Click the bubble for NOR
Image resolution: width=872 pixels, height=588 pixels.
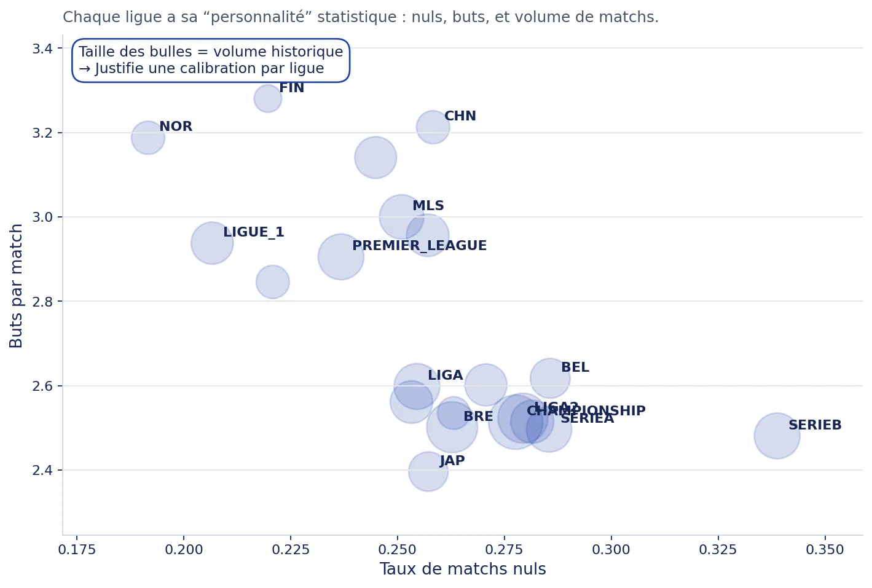click(147, 138)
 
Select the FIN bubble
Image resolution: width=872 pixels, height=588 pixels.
click(267, 98)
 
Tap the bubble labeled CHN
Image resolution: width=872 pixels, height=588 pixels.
click(433, 127)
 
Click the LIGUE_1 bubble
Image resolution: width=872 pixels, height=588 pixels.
click(211, 243)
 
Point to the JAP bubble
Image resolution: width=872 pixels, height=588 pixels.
click(428, 471)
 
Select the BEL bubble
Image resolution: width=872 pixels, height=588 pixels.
click(549, 378)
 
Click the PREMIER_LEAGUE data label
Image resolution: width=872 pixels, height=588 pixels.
click(419, 246)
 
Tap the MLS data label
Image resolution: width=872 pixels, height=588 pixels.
click(428, 206)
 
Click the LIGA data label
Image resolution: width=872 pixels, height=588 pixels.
click(445, 375)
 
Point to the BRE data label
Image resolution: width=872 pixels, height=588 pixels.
click(477, 417)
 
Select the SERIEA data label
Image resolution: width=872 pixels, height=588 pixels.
click(587, 419)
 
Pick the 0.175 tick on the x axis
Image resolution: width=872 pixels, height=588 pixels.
click(77, 550)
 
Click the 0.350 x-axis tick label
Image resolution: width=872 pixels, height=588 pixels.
click(825, 550)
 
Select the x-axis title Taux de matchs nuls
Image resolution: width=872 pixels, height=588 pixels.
click(462, 570)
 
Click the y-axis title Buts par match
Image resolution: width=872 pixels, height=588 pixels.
click(17, 286)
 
